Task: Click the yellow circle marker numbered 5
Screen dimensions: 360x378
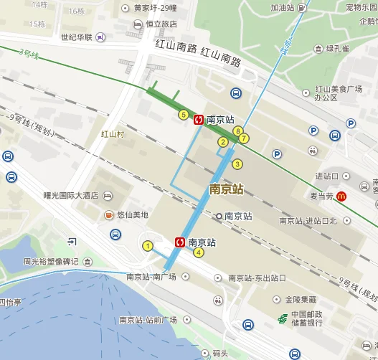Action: (x=184, y=115)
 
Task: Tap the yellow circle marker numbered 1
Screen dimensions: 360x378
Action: (x=148, y=247)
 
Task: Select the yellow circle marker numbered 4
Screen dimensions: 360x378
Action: (x=199, y=252)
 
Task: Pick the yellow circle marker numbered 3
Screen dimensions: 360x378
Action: (x=237, y=164)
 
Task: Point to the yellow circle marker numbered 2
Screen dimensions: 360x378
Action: (x=223, y=142)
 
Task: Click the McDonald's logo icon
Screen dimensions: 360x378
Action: (x=343, y=196)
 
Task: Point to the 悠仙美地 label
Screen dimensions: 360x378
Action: (x=132, y=214)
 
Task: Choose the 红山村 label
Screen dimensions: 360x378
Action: (x=113, y=134)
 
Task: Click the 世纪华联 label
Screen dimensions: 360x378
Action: (x=79, y=37)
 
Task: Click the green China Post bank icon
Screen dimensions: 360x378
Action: (x=283, y=318)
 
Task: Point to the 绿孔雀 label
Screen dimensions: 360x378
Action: (x=337, y=49)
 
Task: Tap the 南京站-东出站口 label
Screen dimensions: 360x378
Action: (x=256, y=278)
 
